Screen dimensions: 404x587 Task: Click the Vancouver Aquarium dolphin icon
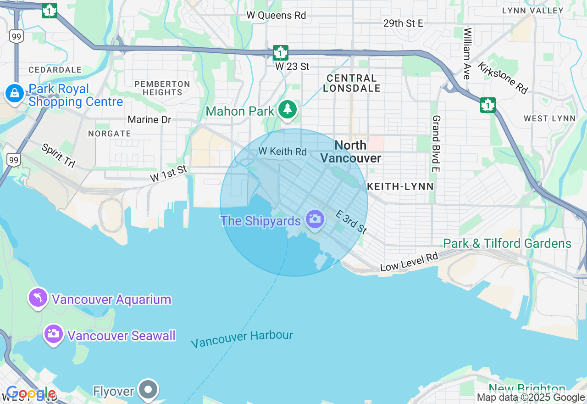point(39,298)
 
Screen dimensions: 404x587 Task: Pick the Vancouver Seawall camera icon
point(54,334)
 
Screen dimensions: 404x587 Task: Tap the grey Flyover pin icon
point(148,389)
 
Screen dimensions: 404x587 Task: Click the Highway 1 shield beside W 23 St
point(280,53)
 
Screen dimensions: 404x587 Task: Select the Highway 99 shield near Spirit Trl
point(14,160)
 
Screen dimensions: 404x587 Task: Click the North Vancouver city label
point(351,152)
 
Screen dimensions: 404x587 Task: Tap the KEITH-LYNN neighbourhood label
point(400,186)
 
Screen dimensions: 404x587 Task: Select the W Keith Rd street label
point(282,151)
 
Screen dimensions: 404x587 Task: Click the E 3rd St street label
point(351,222)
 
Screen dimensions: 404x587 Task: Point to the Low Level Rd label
point(409,261)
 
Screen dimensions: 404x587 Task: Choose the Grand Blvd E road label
point(436,143)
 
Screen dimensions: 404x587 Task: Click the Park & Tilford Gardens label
point(507,243)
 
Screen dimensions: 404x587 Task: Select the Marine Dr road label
point(149,120)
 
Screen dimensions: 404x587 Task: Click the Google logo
point(31,393)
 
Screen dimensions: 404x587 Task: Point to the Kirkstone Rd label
point(503,78)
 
